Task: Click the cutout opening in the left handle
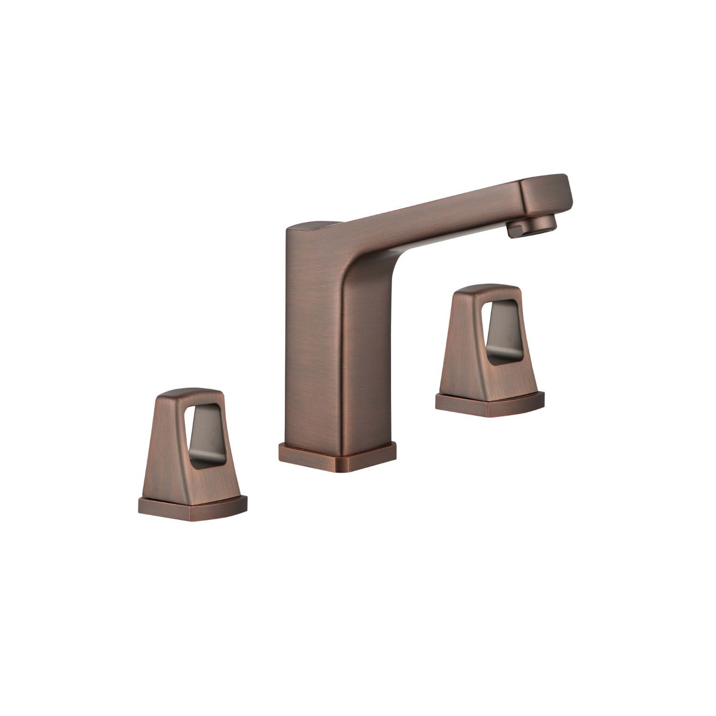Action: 206,434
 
